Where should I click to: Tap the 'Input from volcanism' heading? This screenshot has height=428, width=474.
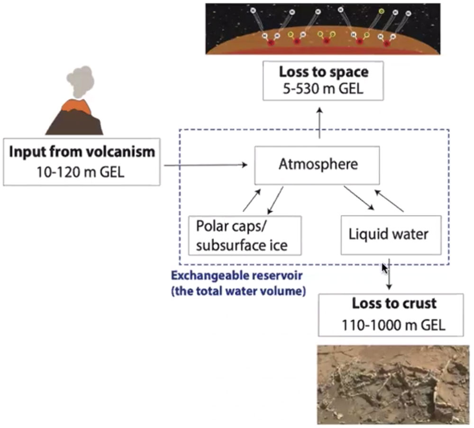click(x=82, y=152)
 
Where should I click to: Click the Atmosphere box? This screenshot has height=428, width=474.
click(x=317, y=165)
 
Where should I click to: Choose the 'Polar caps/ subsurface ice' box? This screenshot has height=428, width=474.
click(x=245, y=235)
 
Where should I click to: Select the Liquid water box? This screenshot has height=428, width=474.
click(x=391, y=234)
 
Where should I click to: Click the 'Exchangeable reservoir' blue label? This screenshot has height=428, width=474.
click(x=237, y=276)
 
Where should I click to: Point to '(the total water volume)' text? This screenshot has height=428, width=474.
click(x=237, y=291)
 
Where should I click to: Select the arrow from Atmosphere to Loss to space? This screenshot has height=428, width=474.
click(x=320, y=123)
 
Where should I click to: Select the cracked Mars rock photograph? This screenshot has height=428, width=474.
click(x=392, y=383)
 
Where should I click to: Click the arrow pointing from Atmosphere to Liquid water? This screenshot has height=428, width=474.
click(x=359, y=198)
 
